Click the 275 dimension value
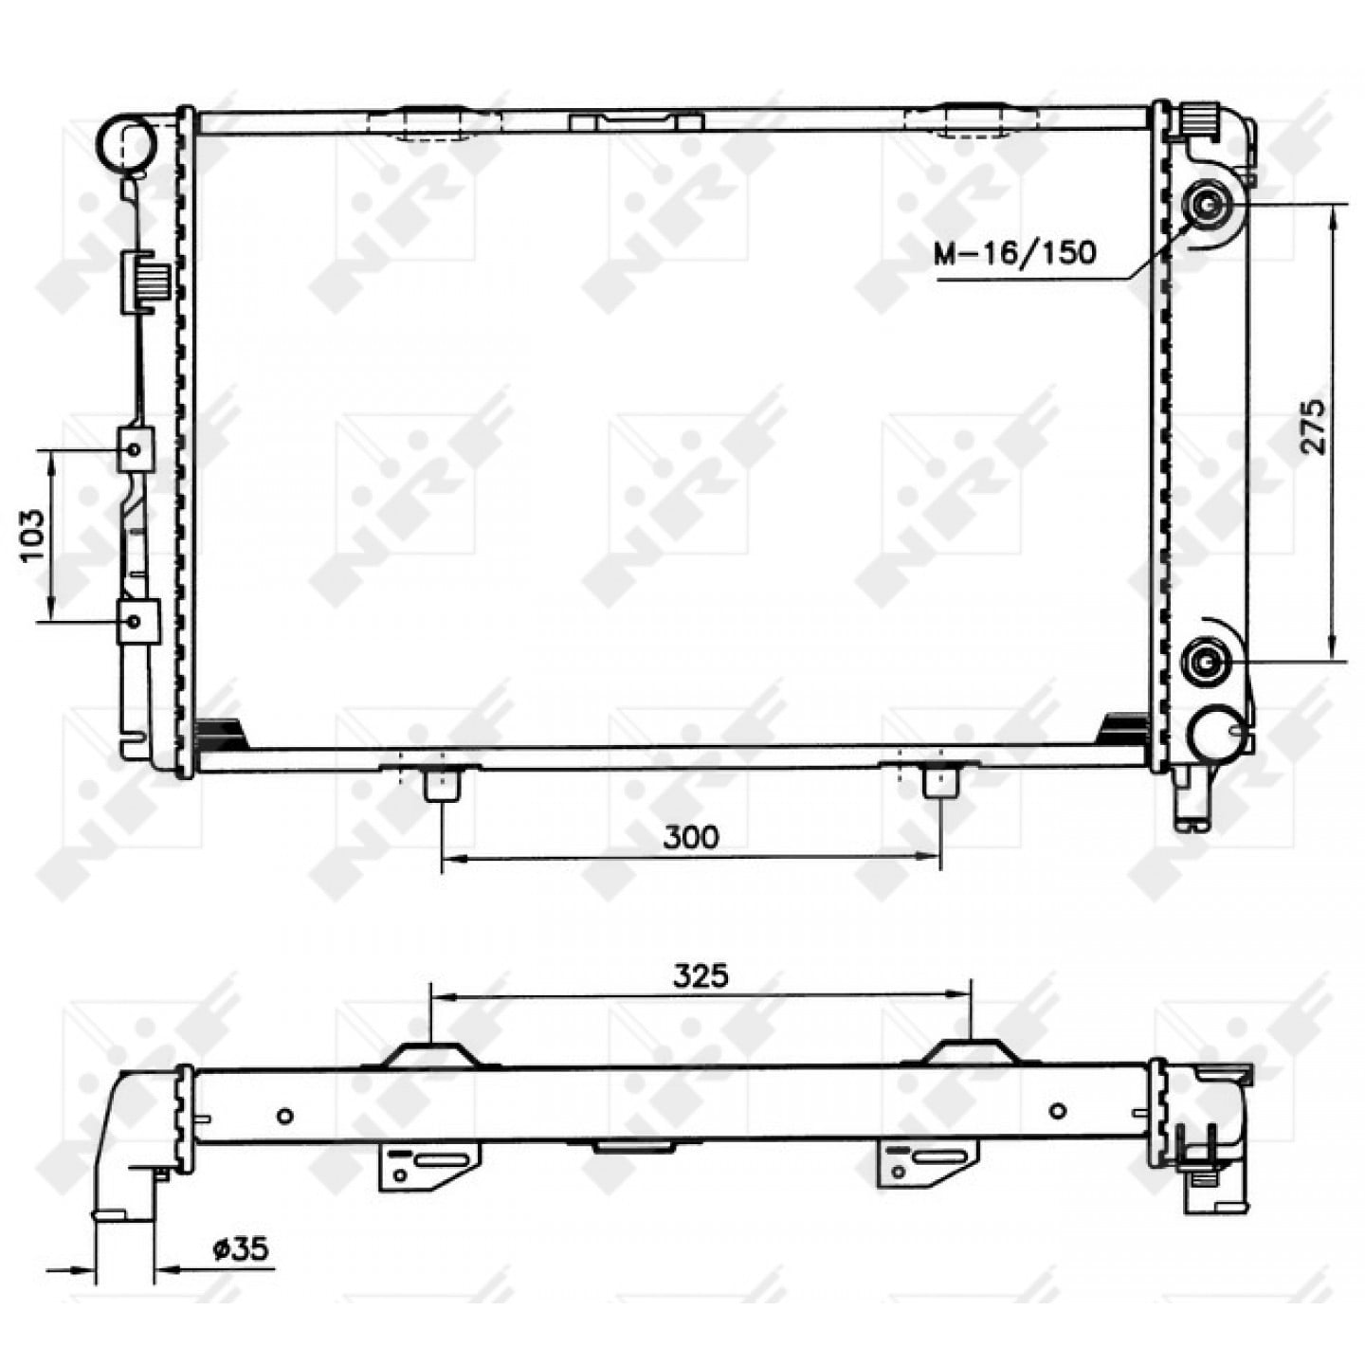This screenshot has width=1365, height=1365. click(1311, 427)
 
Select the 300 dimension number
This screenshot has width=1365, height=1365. click(691, 837)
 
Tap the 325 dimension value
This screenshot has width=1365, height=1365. click(700, 976)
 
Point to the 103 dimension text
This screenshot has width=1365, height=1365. click(33, 537)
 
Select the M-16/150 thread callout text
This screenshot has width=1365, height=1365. click(1014, 252)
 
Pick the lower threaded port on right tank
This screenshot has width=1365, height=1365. click(1205, 663)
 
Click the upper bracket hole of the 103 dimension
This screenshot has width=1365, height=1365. click(135, 449)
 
